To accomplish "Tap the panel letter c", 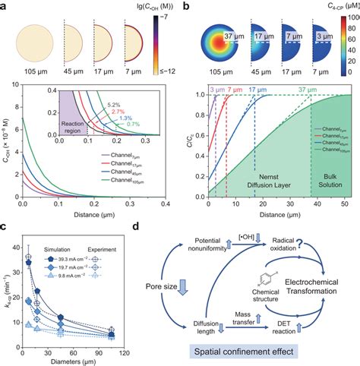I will tap(6, 229).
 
